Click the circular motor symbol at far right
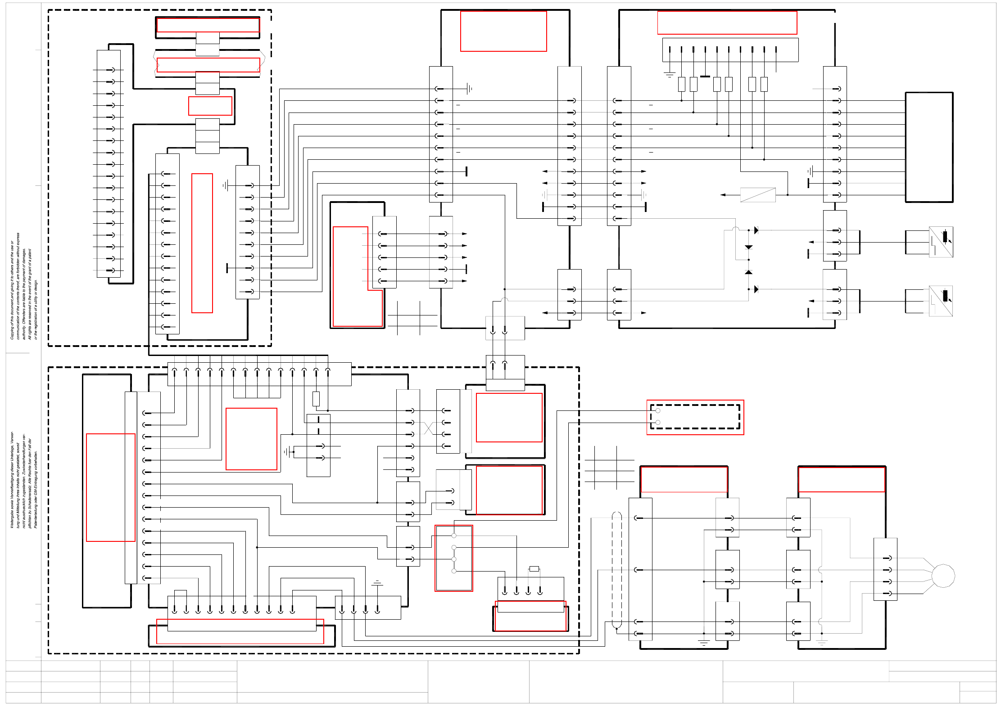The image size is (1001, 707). tap(943, 576)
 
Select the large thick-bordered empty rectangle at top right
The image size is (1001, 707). tap(929, 147)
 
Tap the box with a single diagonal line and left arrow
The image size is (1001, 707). tap(758, 195)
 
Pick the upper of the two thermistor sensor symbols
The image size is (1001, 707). tap(941, 242)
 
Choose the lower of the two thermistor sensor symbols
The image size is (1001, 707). tap(941, 301)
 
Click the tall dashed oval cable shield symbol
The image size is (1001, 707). tap(616, 570)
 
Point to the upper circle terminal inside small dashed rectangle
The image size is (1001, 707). tap(658, 411)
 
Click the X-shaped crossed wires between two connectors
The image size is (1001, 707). tap(428, 428)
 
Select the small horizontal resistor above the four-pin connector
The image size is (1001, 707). tap(534, 569)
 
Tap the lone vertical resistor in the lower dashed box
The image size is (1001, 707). tap(316, 399)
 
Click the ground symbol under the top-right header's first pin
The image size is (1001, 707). tap(670, 74)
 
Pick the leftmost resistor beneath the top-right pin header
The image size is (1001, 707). tap(681, 84)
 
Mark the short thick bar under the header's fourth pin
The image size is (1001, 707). tap(705, 77)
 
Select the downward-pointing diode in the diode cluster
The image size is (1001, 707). tap(748, 247)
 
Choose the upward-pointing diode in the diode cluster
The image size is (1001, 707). tap(748, 272)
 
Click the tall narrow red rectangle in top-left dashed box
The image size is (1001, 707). tap(202, 243)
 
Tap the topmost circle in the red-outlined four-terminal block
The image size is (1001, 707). tap(454, 536)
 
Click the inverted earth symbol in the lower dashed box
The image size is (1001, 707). tap(377, 583)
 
